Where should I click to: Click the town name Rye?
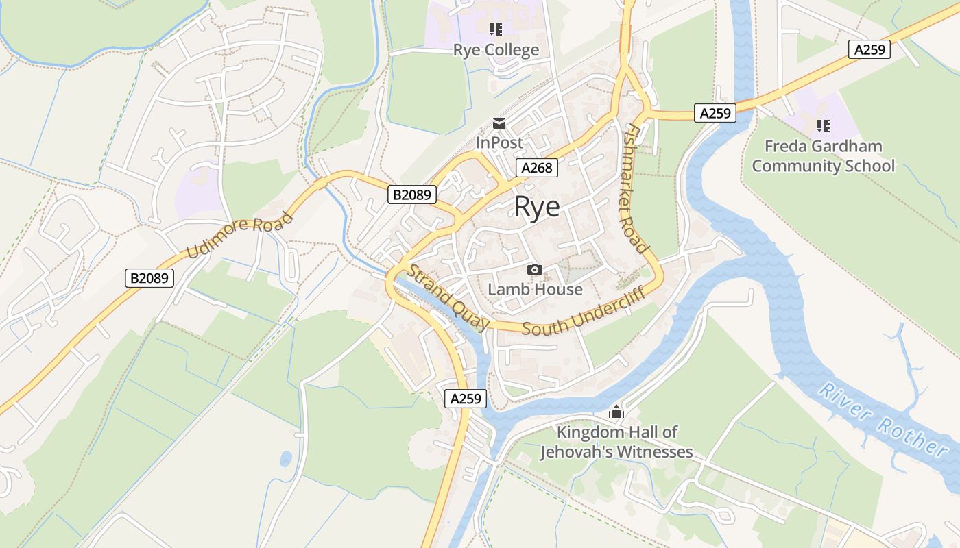click(537, 207)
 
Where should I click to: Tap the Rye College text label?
click(496, 50)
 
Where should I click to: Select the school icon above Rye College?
click(496, 29)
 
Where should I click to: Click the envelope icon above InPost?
click(499, 124)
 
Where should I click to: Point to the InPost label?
click(499, 142)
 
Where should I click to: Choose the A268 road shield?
click(537, 168)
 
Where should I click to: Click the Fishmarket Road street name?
click(637, 189)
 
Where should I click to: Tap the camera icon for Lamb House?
click(535, 270)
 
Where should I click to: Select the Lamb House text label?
click(535, 289)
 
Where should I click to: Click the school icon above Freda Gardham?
click(823, 126)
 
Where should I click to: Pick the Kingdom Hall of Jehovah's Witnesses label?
click(616, 442)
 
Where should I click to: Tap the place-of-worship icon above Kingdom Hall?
click(616, 412)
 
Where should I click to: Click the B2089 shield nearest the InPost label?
click(412, 195)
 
